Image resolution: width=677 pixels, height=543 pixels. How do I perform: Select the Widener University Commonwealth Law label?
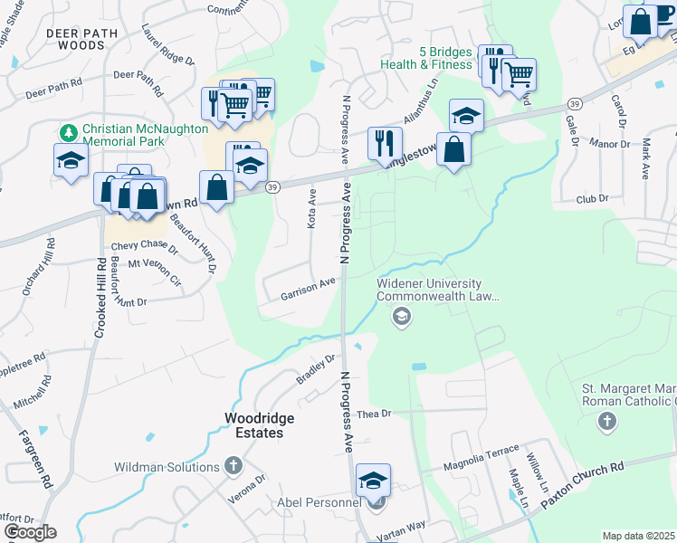(438, 289)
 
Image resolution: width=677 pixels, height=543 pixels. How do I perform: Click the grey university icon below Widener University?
(401, 317)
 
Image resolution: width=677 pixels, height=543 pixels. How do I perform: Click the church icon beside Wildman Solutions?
(233, 466)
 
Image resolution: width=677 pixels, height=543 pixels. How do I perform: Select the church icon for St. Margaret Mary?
(606, 421)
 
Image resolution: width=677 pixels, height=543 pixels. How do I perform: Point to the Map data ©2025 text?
(639, 536)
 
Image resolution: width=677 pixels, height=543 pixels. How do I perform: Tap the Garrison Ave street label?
(308, 288)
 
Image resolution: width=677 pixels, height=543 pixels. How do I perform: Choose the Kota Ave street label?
(311, 208)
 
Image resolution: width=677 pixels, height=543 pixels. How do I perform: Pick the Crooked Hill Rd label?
(99, 299)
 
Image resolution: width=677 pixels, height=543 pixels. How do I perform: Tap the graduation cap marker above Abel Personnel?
(372, 481)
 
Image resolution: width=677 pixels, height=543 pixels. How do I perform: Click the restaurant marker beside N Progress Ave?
(385, 143)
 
